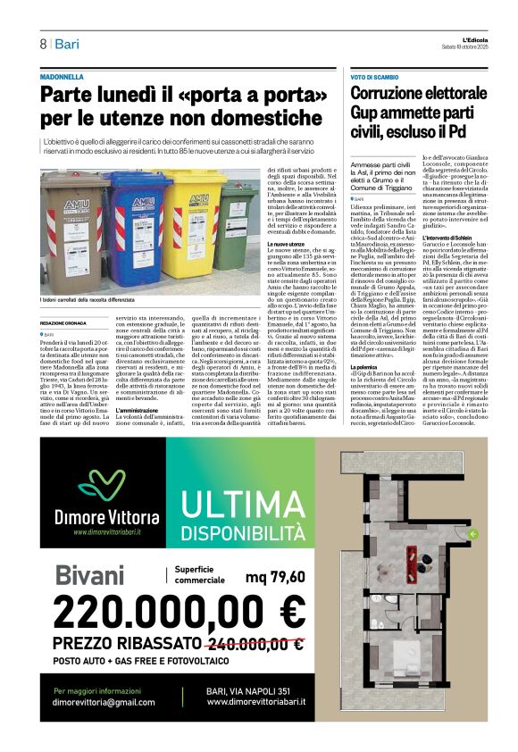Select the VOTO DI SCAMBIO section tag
pos(374,78)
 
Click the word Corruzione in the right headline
pos(388,94)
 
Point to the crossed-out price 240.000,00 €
pos(254,643)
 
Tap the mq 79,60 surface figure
pos(275,576)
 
